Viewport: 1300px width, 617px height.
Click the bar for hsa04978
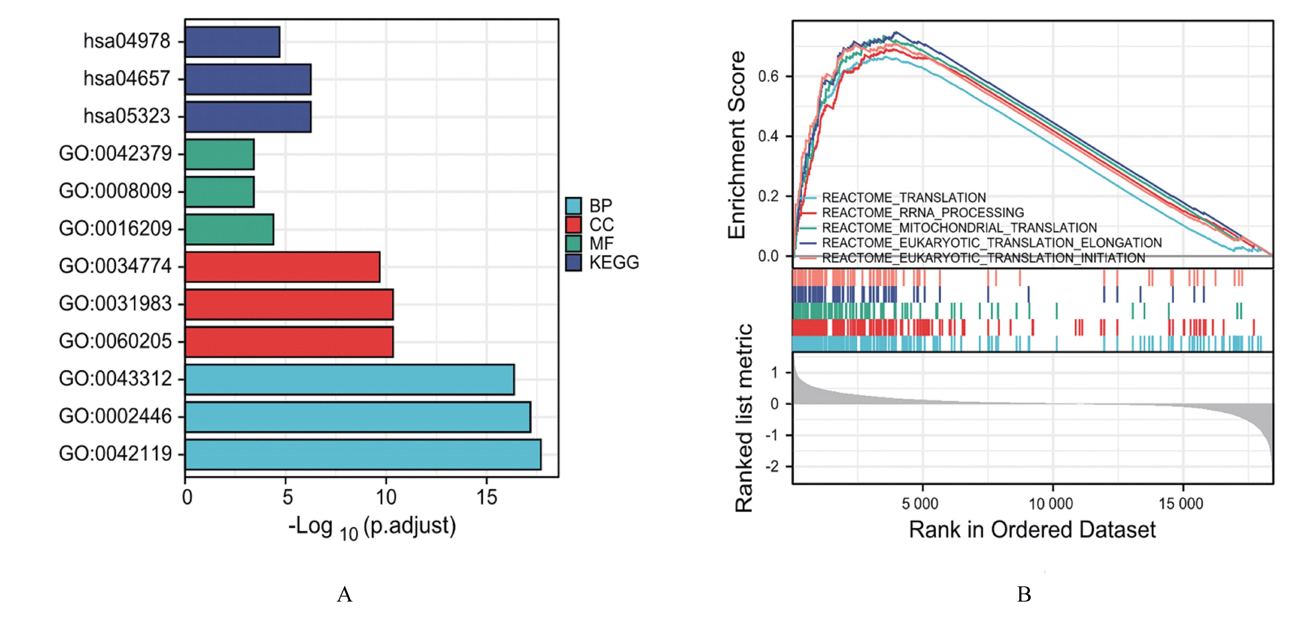pyautogui.click(x=233, y=42)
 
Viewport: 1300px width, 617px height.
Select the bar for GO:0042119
pyautogui.click(x=363, y=454)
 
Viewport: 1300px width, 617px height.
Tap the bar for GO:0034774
pyautogui.click(x=283, y=267)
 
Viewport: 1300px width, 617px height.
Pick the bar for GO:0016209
pyautogui.click(x=230, y=230)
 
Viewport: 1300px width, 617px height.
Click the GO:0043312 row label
pyautogui.click(x=116, y=378)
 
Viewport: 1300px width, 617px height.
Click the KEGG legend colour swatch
pyautogui.click(x=573, y=262)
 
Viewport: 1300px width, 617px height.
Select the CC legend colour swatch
pyautogui.click(x=573, y=224)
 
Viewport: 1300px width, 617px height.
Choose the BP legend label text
pyautogui.click(x=601, y=206)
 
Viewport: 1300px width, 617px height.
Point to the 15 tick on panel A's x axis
pyautogui.click(x=487, y=497)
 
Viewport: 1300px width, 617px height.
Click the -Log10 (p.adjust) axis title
pyautogui.click(x=372, y=527)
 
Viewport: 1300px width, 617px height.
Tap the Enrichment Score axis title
pyautogui.click(x=737, y=145)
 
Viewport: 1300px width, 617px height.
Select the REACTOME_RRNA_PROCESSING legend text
pyautogui.click(x=923, y=212)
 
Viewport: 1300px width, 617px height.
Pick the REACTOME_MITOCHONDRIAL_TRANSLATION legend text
pyautogui.click(x=959, y=227)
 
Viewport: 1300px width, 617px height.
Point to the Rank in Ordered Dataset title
pyautogui.click(x=1032, y=530)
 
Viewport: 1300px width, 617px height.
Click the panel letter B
pyautogui.click(x=1024, y=594)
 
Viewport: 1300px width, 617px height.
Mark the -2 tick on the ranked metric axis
pyautogui.click(x=772, y=467)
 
